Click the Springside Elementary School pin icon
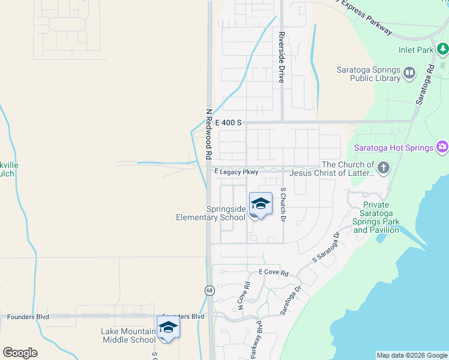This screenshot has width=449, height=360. pos(261,204)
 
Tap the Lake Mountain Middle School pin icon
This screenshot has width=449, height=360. pos(168,328)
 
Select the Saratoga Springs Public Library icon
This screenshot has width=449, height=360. pos(409,74)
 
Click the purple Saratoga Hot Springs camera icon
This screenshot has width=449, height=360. pos(442,147)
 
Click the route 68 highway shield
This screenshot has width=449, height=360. pos(209,290)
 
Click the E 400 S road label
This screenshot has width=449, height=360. pos(228,122)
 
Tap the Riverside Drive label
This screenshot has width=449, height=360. pos(281,57)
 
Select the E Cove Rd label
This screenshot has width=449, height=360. pos(274,272)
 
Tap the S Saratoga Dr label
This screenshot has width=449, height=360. pos(326,248)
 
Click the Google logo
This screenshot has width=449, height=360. pos(20,353)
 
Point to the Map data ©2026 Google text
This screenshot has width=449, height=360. pos(412,356)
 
